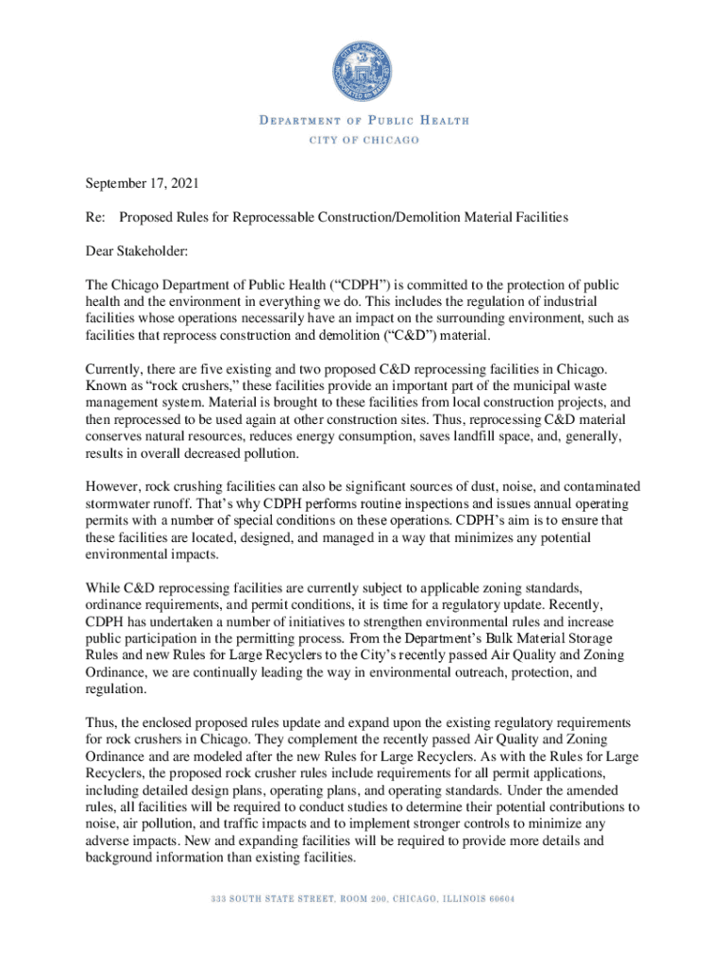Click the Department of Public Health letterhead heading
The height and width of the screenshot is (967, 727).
(x=363, y=121)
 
